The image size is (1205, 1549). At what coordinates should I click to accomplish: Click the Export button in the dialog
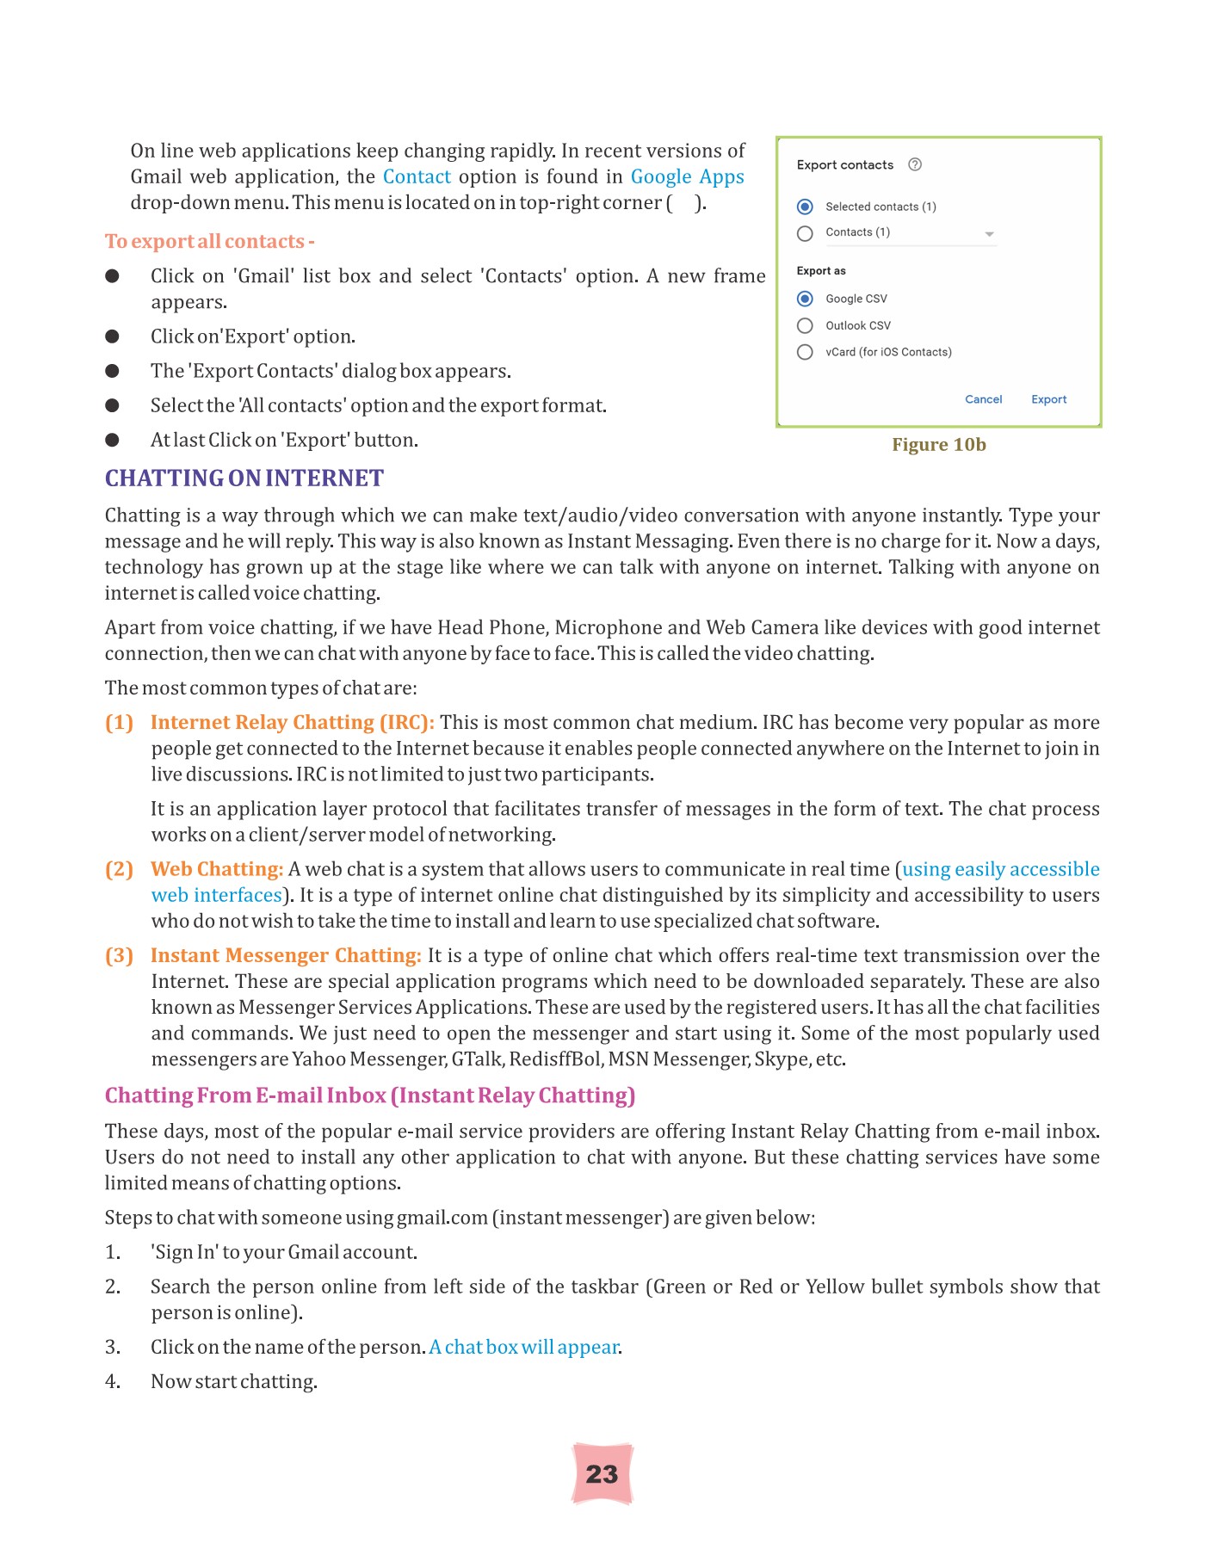[1048, 399]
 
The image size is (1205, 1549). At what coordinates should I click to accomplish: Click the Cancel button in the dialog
[983, 399]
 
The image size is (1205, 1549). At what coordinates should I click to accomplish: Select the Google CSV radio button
[805, 299]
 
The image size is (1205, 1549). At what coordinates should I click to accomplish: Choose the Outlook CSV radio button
[805, 325]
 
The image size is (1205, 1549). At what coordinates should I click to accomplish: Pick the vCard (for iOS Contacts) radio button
[805, 352]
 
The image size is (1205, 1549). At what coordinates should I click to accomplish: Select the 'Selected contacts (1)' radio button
[805, 207]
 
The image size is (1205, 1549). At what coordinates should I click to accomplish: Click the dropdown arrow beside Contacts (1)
[989, 234]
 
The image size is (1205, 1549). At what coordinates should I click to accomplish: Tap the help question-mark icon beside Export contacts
[915, 164]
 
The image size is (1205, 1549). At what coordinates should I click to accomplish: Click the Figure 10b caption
[938, 445]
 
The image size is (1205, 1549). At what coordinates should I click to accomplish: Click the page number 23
[602, 1474]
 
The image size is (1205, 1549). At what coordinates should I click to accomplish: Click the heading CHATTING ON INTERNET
[244, 478]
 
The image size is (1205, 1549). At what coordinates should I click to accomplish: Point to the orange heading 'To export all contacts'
[209, 242]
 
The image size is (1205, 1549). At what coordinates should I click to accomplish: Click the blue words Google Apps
[687, 177]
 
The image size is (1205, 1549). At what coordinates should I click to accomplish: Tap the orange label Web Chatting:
[217, 869]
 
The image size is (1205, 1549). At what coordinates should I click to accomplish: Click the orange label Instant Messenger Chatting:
[286, 955]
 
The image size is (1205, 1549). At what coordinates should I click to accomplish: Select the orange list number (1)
[119, 723]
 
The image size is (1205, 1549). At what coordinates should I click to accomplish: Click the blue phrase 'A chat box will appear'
[524, 1347]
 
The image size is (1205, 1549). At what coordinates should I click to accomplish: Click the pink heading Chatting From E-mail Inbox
[370, 1095]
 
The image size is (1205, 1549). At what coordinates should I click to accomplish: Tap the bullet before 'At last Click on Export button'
[112, 440]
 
